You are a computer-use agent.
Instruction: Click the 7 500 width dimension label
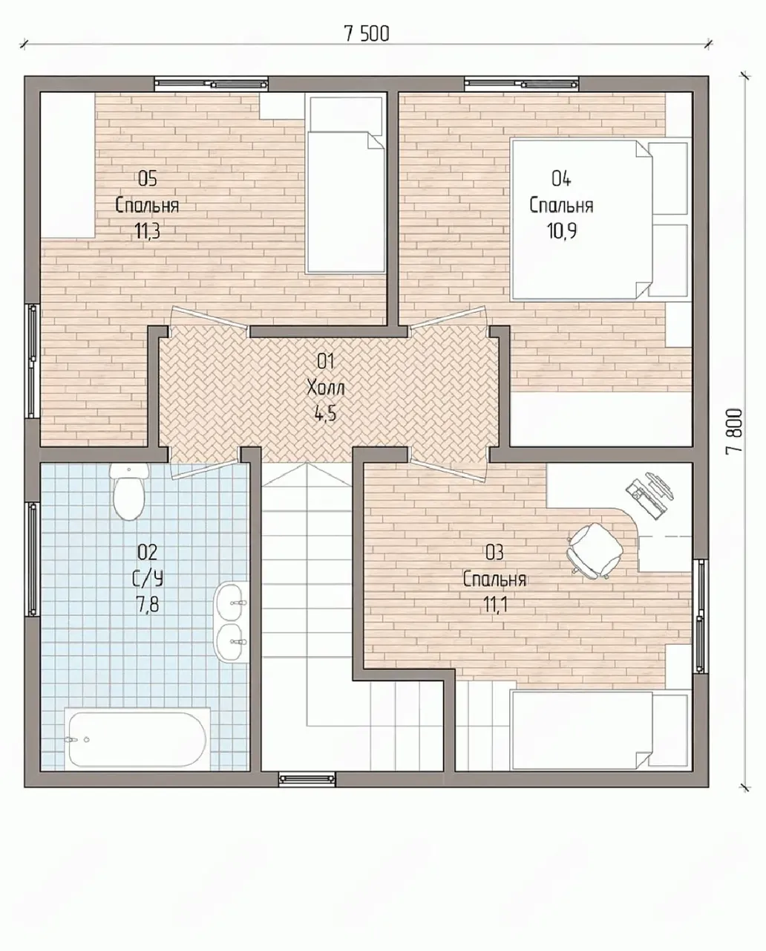coord(367,34)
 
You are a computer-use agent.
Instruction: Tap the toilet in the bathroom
coord(129,491)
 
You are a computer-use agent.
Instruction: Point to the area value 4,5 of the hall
coord(325,414)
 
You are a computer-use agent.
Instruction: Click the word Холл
coord(325,389)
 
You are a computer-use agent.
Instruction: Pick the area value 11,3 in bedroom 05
coord(148,230)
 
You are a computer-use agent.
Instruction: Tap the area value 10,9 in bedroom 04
coord(562,230)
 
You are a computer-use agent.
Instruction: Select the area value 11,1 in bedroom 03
coord(495,604)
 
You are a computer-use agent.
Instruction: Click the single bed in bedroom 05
coord(346,184)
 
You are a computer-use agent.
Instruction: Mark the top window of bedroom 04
coord(521,84)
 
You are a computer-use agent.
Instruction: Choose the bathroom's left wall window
coord(32,559)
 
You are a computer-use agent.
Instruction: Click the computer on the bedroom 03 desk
coord(650,495)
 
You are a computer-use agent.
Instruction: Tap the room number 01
coord(325,362)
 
